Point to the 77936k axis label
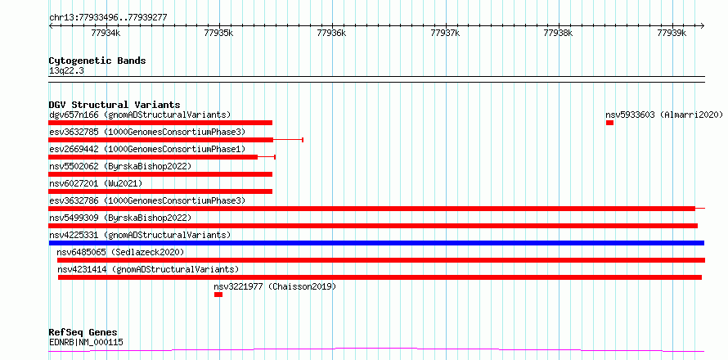coord(331,33)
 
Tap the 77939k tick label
coord(672,33)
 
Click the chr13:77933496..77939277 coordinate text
coord(108,18)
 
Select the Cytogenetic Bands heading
coord(97,61)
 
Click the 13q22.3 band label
coord(66,71)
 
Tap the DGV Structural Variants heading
coord(115,105)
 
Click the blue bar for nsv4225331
coord(376,243)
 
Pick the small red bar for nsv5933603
coord(609,123)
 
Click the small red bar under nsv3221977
coord(218,295)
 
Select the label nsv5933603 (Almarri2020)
coord(664,115)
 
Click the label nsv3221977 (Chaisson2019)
coord(275,286)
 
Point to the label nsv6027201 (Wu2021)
coord(96,183)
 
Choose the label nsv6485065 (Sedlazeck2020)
coord(121,252)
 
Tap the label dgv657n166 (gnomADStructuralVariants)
coord(140,115)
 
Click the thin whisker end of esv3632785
coord(303,140)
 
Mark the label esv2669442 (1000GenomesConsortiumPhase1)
coord(147,149)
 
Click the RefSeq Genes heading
coord(83,332)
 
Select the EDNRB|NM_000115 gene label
coord(86,343)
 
